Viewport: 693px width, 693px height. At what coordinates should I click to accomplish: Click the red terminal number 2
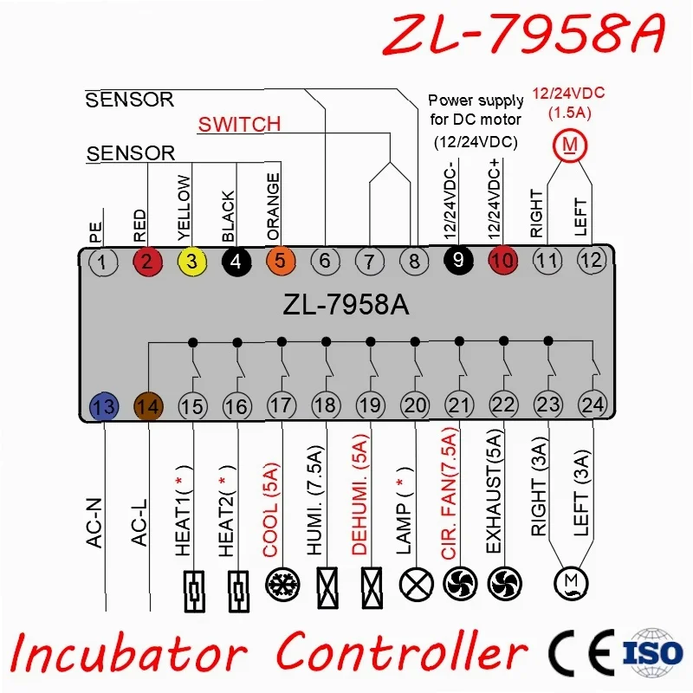click(x=147, y=262)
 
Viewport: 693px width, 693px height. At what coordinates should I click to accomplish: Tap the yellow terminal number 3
click(x=191, y=262)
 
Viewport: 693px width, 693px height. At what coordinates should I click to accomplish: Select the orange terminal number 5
click(x=281, y=261)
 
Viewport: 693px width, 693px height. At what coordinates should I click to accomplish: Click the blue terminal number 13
click(x=104, y=406)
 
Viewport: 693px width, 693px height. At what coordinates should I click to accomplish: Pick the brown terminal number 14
click(x=148, y=406)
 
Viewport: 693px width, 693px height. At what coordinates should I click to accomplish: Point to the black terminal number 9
click(x=458, y=260)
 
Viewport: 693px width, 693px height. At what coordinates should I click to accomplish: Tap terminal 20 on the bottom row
click(x=415, y=405)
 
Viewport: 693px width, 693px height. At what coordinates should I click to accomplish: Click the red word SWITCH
click(x=239, y=124)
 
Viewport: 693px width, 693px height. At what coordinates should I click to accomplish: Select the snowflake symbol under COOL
click(x=282, y=584)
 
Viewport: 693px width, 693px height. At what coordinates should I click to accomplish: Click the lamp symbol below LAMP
click(x=416, y=584)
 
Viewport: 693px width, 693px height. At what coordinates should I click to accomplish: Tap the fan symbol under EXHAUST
click(x=505, y=584)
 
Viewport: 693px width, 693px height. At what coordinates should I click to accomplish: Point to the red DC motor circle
click(x=570, y=145)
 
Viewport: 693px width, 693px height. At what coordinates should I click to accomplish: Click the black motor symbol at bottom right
click(x=571, y=583)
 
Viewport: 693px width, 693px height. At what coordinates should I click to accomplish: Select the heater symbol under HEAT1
click(x=194, y=592)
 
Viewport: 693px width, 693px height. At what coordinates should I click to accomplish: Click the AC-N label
click(x=94, y=523)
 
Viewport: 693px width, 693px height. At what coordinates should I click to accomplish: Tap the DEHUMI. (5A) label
click(x=359, y=495)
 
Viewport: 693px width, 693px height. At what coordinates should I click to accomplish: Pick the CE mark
click(x=581, y=653)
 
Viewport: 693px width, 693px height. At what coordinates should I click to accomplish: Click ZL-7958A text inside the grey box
click(x=346, y=305)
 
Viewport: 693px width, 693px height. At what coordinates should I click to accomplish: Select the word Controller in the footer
click(x=402, y=652)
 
